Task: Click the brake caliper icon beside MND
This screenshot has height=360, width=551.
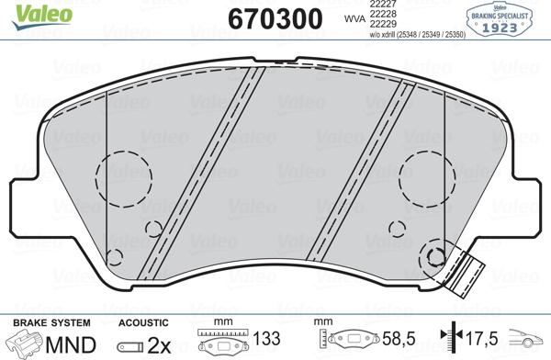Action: click(25, 344)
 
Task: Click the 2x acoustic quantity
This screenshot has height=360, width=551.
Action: click(161, 345)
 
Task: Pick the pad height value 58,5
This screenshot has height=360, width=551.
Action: click(396, 339)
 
